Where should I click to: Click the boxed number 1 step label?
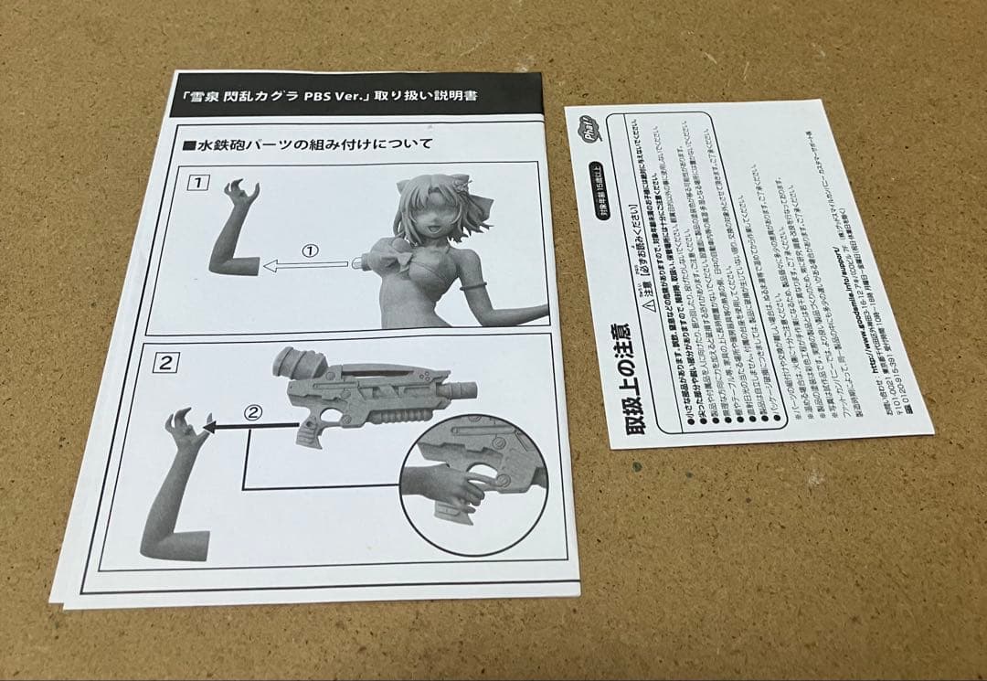(195, 181)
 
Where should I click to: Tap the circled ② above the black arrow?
(254, 412)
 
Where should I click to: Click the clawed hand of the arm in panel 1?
(242, 194)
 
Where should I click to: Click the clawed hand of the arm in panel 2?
(186, 429)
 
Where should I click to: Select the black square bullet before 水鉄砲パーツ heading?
(190, 144)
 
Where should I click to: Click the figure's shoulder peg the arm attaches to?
(359, 264)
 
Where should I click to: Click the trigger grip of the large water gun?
(311, 430)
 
